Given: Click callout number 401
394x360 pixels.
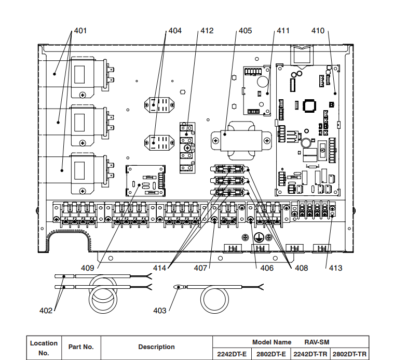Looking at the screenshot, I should click(80, 31).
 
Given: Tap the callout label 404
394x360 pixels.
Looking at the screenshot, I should click(175, 31).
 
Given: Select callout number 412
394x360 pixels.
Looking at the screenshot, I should click(207, 31).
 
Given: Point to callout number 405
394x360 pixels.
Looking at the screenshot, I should click(244, 31).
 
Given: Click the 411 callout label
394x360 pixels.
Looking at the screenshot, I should click(283, 31).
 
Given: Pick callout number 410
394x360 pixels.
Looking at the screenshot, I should click(318, 31).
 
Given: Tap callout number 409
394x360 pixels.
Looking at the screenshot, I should click(87, 268).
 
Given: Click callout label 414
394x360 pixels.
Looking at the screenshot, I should click(160, 268).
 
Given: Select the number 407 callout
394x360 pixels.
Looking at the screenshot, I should click(200, 268).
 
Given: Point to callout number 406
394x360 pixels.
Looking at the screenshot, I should click(267, 268).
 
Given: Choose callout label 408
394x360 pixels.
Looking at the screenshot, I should click(301, 268).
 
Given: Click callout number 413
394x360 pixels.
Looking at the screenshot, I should click(335, 268).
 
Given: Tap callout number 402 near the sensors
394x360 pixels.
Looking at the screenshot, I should click(46, 311).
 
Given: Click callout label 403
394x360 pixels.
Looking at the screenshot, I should click(160, 311).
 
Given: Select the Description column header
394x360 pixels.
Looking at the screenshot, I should click(156, 347).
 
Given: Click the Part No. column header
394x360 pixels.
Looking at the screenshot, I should click(81, 347).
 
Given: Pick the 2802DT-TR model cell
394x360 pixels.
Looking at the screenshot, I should click(349, 354).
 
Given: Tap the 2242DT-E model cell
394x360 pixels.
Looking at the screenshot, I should click(232, 354).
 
